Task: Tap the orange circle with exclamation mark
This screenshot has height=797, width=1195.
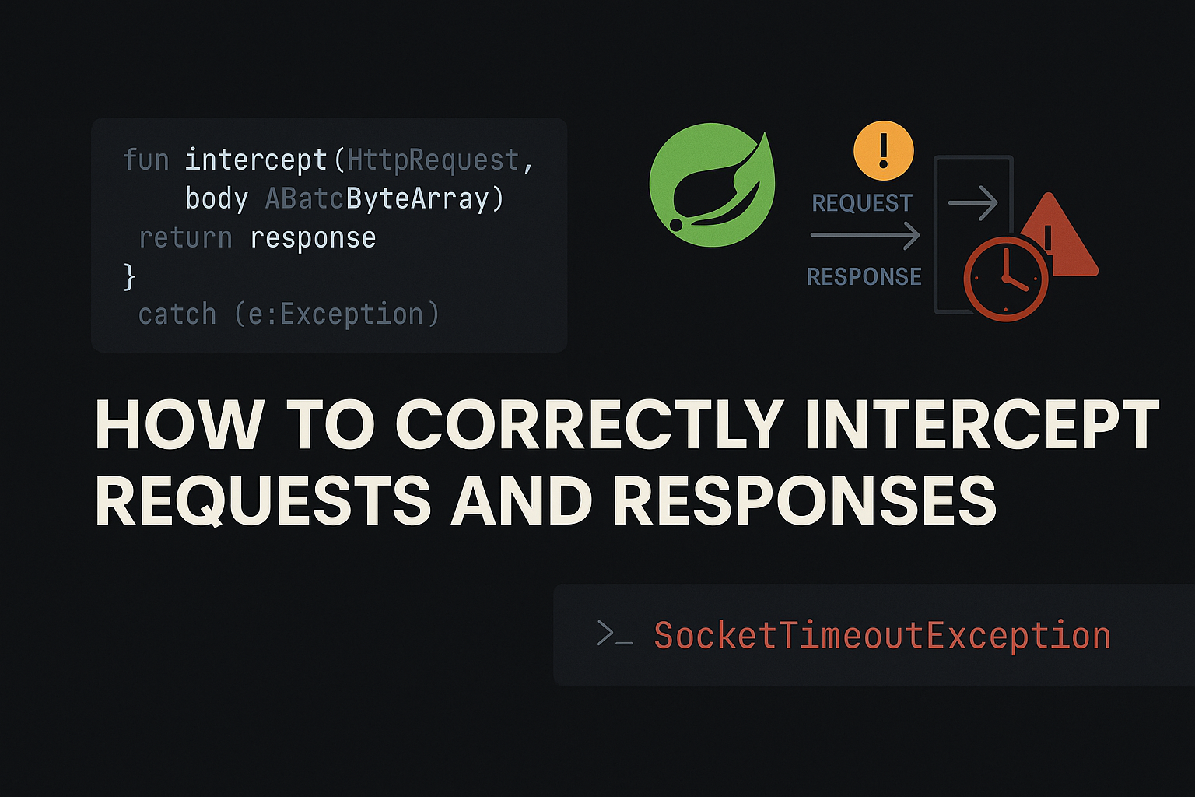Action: click(x=883, y=150)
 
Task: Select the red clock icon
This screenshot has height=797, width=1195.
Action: click(x=1005, y=279)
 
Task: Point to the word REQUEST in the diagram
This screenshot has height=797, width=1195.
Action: click(x=862, y=203)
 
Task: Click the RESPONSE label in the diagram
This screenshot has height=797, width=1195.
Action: click(x=864, y=276)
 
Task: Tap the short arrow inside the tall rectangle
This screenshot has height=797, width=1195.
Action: click(x=972, y=202)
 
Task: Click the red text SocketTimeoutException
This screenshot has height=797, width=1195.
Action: click(x=882, y=636)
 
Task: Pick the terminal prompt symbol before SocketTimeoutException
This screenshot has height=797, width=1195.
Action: click(x=614, y=634)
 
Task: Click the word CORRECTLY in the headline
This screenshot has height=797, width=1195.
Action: click(x=589, y=425)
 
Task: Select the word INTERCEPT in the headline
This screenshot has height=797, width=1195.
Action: click(x=982, y=425)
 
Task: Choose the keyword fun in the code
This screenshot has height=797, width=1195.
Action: click(x=146, y=160)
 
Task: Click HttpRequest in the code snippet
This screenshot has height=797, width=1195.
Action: click(x=433, y=160)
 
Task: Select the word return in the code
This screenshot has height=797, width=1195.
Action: click(x=185, y=238)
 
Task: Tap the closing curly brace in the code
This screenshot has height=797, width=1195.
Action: click(x=130, y=276)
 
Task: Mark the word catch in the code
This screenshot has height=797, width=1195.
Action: click(x=177, y=314)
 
